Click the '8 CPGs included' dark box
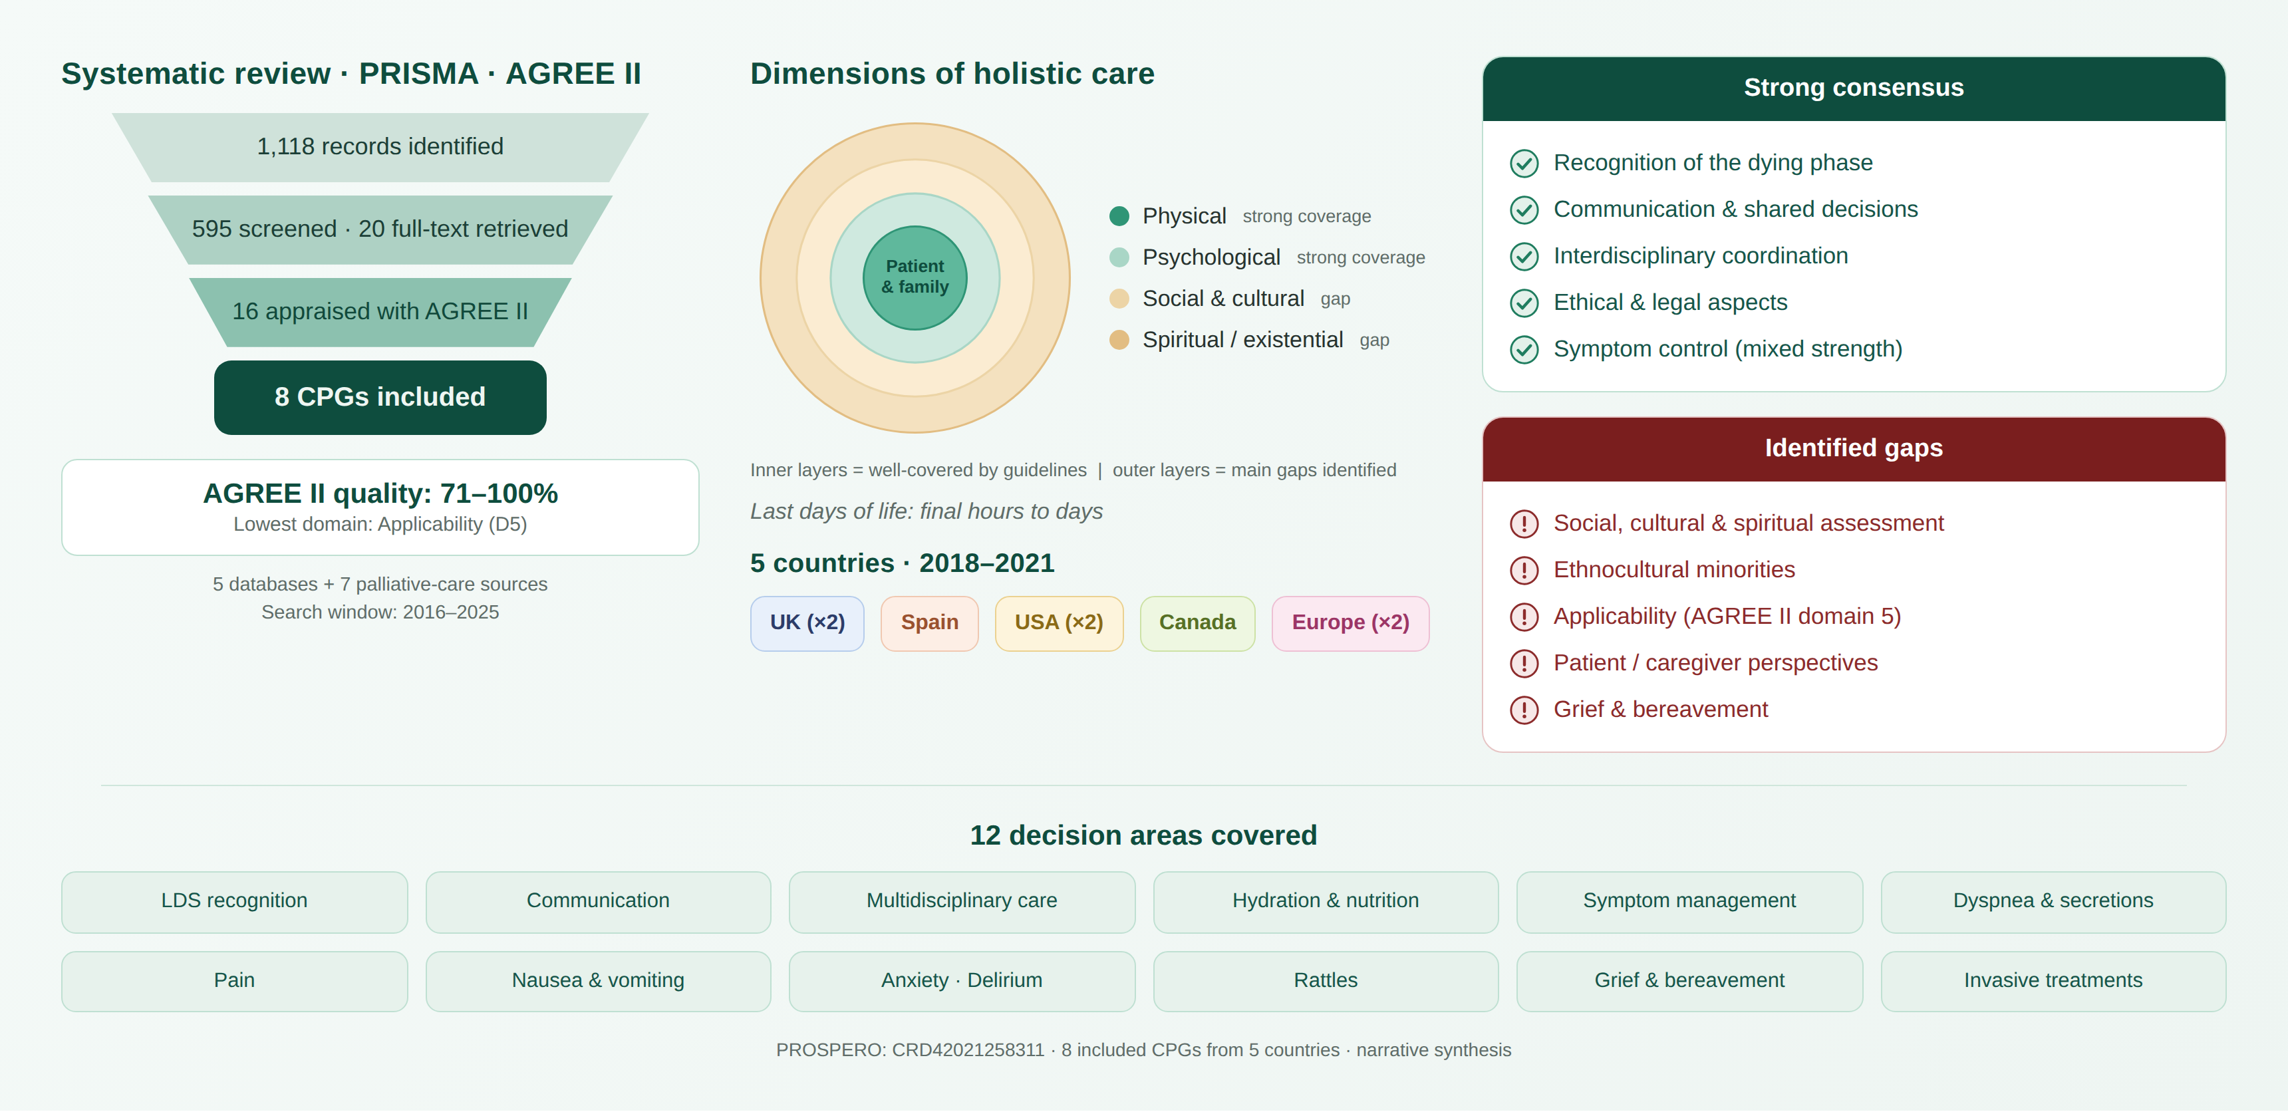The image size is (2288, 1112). (380, 397)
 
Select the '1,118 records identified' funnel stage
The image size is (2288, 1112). (380, 146)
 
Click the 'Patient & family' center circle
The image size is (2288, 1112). (915, 277)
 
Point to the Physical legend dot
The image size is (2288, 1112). (1119, 216)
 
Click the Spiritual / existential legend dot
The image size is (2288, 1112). (1119, 340)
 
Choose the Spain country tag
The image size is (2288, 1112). (929, 623)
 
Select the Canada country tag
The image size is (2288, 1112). (1197, 623)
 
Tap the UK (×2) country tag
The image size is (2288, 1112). (807, 623)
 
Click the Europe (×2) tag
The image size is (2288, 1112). (1350, 623)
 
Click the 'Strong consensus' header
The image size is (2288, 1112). (1854, 88)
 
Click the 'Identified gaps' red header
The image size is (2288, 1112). (1854, 448)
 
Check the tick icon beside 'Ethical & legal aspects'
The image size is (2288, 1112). (1524, 303)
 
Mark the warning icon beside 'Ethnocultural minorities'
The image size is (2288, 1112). (1524, 570)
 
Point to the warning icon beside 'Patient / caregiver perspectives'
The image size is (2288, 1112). (1524, 664)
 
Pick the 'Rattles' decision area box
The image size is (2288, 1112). (1325, 980)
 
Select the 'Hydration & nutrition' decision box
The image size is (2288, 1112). (1325, 901)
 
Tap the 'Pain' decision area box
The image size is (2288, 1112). (235, 980)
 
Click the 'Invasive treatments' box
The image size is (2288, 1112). (2053, 980)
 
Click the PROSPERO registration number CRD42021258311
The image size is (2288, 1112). (968, 1050)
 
